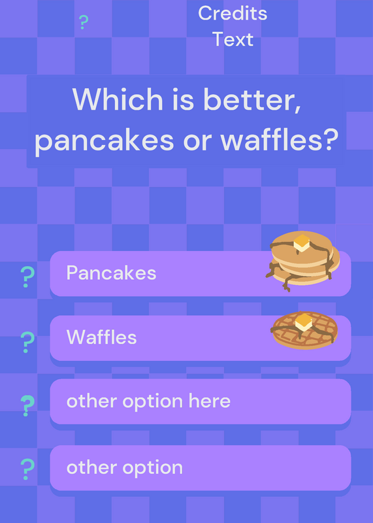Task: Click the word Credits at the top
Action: click(233, 13)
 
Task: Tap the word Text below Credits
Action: click(233, 39)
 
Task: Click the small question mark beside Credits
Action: click(84, 22)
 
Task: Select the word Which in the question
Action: click(118, 99)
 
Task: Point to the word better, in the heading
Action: click(253, 100)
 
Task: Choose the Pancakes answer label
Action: click(111, 273)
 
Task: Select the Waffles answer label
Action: click(102, 337)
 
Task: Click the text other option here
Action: click(148, 401)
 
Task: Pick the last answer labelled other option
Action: click(125, 467)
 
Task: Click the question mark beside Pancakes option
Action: click(27, 277)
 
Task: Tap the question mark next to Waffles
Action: click(27, 342)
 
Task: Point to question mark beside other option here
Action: click(27, 405)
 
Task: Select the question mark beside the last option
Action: click(27, 469)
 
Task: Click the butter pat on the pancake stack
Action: click(302, 243)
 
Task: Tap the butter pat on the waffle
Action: click(304, 322)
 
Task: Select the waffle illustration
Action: click(304, 330)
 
